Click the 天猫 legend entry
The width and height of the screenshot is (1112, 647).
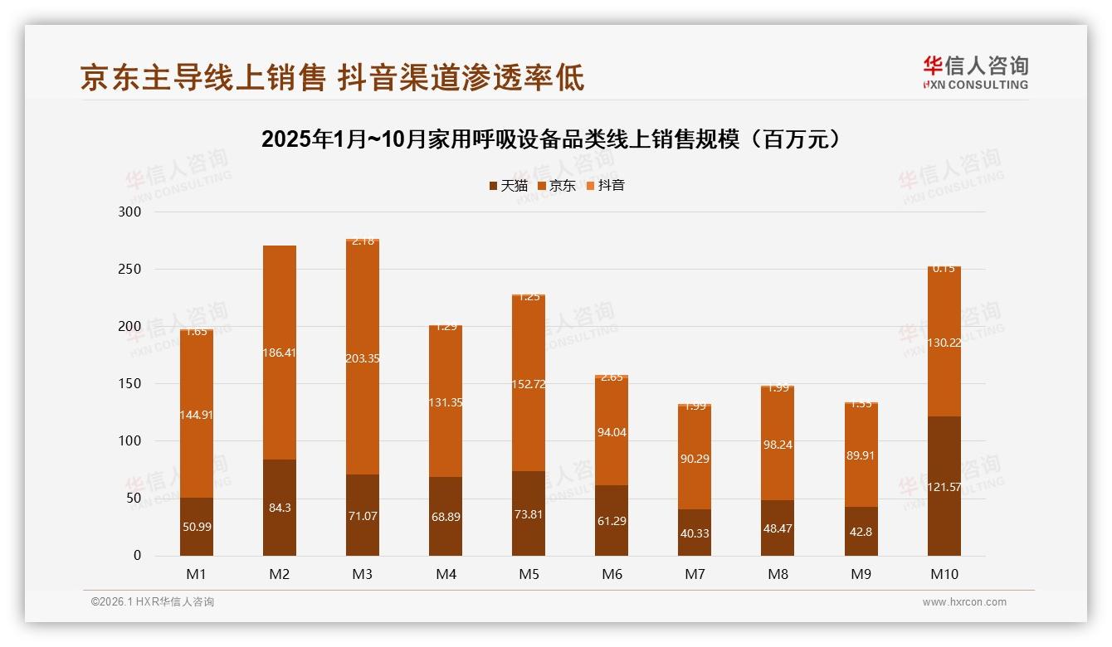pyautogui.click(x=508, y=186)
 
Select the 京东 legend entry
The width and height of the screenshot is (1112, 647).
pyautogui.click(x=556, y=186)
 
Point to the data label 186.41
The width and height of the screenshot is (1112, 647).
pyautogui.click(x=280, y=353)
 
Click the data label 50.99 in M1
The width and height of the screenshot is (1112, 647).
pyautogui.click(x=197, y=527)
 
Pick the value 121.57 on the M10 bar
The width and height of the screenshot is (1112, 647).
pyautogui.click(x=944, y=487)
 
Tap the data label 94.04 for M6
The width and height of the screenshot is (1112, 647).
pyautogui.click(x=612, y=432)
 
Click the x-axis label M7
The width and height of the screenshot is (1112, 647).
pyautogui.click(x=695, y=574)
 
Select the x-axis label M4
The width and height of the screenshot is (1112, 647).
pyautogui.click(x=446, y=574)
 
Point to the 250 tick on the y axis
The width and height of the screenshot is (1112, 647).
pyautogui.click(x=131, y=270)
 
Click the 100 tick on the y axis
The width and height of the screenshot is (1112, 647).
pyautogui.click(x=131, y=441)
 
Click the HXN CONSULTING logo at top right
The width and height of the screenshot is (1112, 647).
pyautogui.click(x=975, y=73)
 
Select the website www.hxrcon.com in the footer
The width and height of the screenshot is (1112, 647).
pyautogui.click(x=964, y=602)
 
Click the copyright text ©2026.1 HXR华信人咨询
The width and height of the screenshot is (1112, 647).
pyautogui.click(x=153, y=602)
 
